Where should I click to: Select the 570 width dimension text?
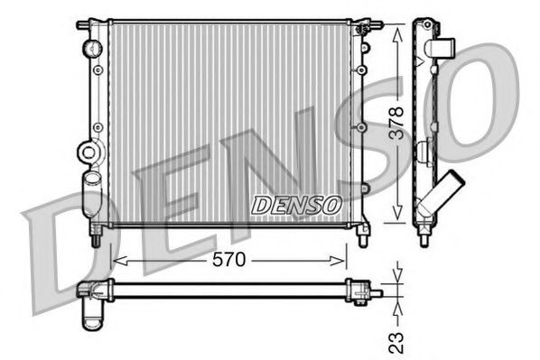pyautogui.click(x=228, y=261)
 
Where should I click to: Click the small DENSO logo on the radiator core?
pyautogui.click(x=295, y=205)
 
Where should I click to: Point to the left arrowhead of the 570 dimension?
pyautogui.click(x=116, y=261)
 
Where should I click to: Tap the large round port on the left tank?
pyautogui.click(x=88, y=153)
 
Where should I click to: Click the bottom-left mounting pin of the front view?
pyautogui.click(x=95, y=237)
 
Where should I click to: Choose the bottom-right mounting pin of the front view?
pyautogui.click(x=363, y=237)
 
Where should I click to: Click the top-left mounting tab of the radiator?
pyautogui.click(x=84, y=23)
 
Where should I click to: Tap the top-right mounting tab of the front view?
pyautogui.click(x=364, y=22)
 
